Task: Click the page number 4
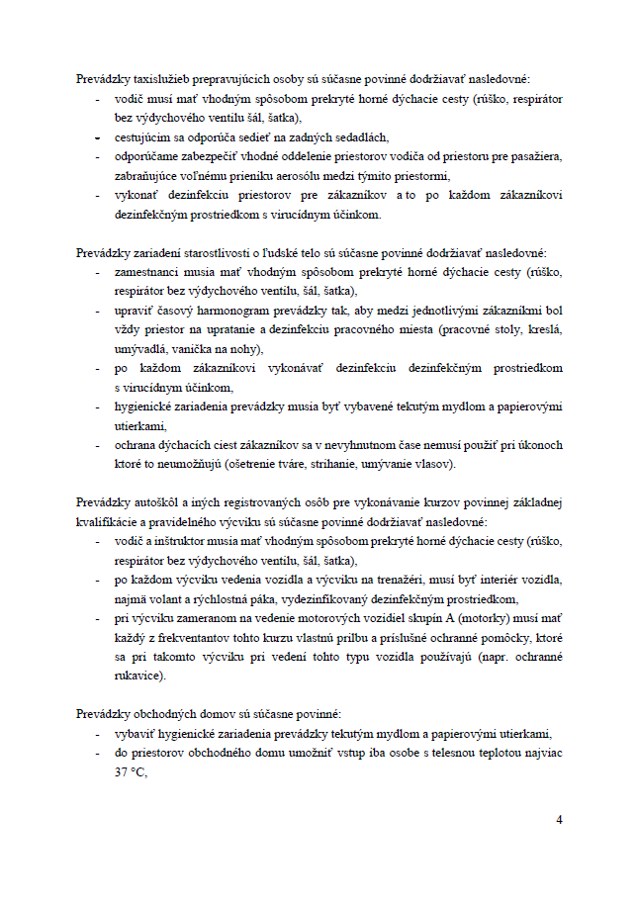click(x=559, y=820)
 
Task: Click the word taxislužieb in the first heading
click(x=155, y=78)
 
